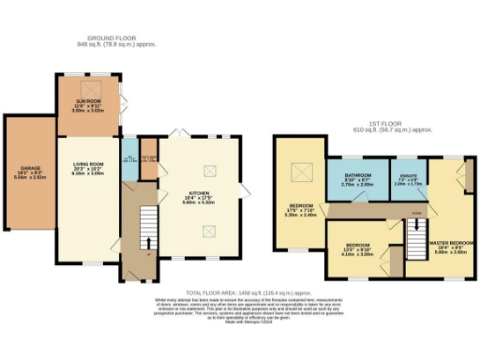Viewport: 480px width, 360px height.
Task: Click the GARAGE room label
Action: pos(27,173)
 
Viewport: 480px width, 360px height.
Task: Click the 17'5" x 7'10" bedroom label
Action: pos(300,207)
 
